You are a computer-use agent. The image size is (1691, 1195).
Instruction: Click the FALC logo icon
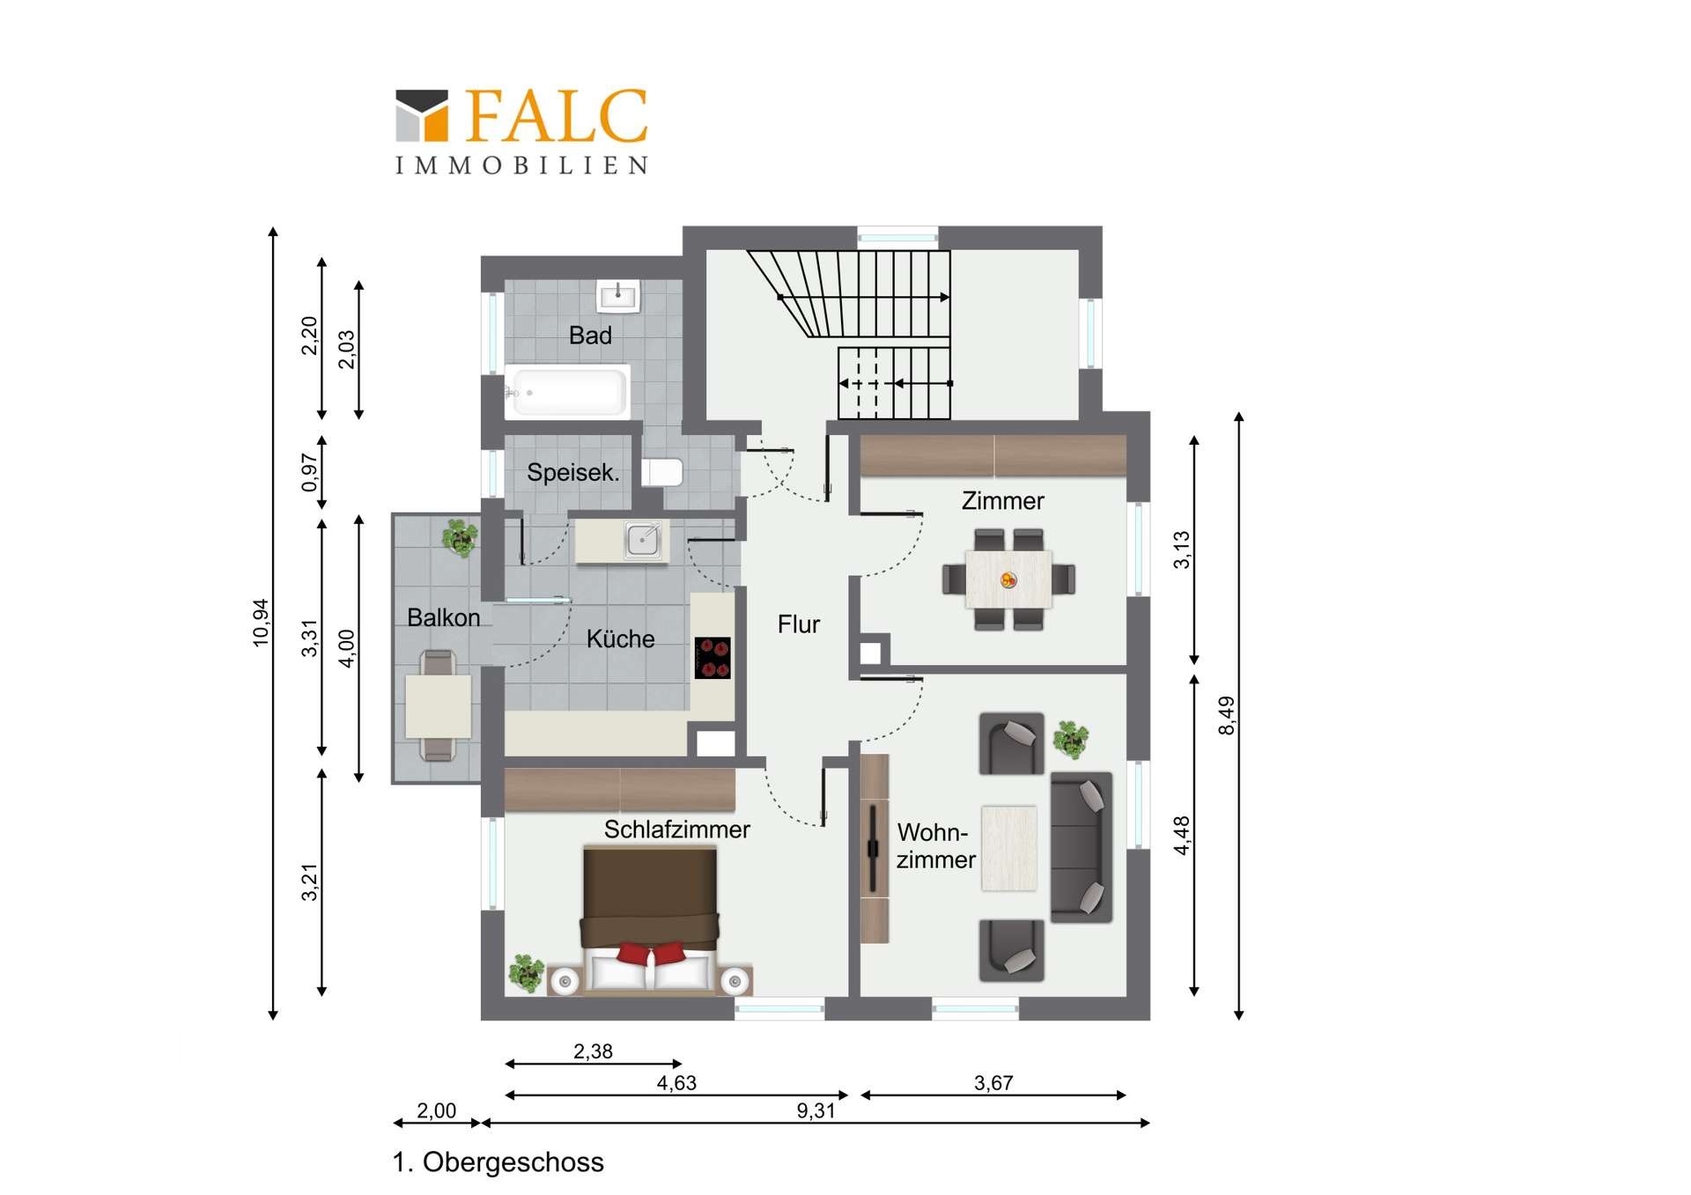(x=422, y=115)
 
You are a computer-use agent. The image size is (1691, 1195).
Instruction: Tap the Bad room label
(x=590, y=336)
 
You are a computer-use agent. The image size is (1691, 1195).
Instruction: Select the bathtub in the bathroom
(x=568, y=391)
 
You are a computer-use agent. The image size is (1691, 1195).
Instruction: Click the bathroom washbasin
(x=618, y=296)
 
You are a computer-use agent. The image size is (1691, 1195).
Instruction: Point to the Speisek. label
(x=573, y=473)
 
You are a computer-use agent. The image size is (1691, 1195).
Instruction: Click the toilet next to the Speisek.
(x=662, y=472)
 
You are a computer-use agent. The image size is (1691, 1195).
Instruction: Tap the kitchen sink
(x=643, y=540)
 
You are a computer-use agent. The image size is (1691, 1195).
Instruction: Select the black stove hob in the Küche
(x=713, y=658)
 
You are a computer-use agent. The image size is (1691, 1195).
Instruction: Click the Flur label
(x=799, y=624)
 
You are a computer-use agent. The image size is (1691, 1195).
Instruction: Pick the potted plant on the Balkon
(x=459, y=537)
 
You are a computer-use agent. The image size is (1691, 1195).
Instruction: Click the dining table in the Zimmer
(x=1008, y=579)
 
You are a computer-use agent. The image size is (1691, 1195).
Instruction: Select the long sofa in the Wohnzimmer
(x=1082, y=847)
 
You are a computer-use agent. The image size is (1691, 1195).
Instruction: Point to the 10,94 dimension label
(x=261, y=623)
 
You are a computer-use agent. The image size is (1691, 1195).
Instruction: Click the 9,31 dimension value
(x=816, y=1110)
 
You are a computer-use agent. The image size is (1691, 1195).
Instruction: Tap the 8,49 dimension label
(x=1226, y=715)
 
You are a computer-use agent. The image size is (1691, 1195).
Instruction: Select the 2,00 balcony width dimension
(x=437, y=1110)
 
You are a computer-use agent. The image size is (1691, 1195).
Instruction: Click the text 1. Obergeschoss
(x=498, y=1162)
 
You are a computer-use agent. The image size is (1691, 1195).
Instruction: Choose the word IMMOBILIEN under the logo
(x=521, y=166)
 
